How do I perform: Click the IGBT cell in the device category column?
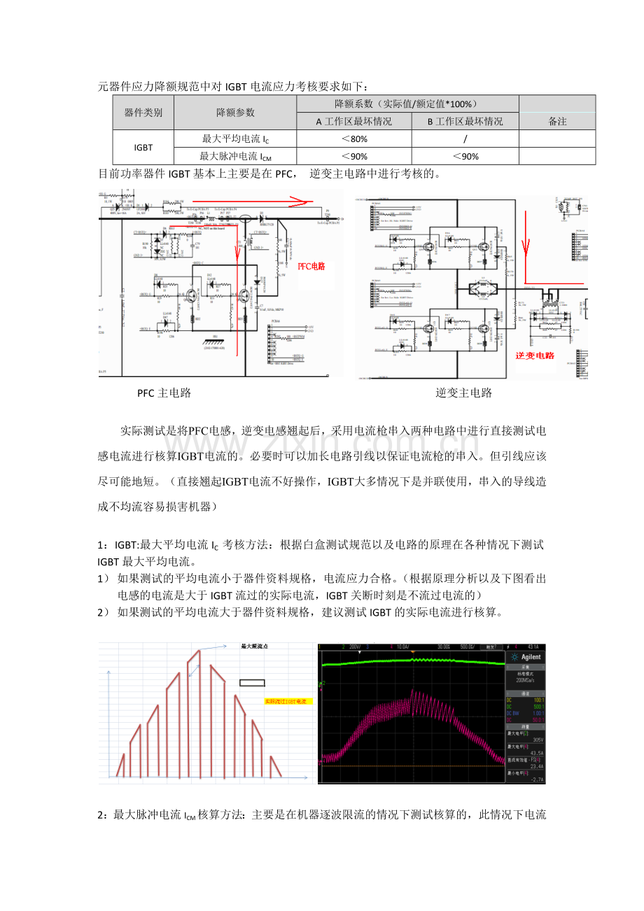[x=143, y=148]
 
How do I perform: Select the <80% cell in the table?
[x=354, y=139]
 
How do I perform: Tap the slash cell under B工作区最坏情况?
[x=465, y=139]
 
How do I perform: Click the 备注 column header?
[x=557, y=121]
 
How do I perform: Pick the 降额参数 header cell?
[x=235, y=113]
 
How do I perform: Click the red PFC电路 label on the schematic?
[x=311, y=267]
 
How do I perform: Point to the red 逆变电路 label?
[x=535, y=355]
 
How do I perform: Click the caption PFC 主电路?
[x=164, y=393]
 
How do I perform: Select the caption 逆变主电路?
[x=463, y=393]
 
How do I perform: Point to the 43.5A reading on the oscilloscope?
[x=537, y=753]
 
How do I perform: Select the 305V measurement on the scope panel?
[x=538, y=740]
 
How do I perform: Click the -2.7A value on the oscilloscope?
[x=537, y=779]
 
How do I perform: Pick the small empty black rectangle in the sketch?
[x=252, y=683]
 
